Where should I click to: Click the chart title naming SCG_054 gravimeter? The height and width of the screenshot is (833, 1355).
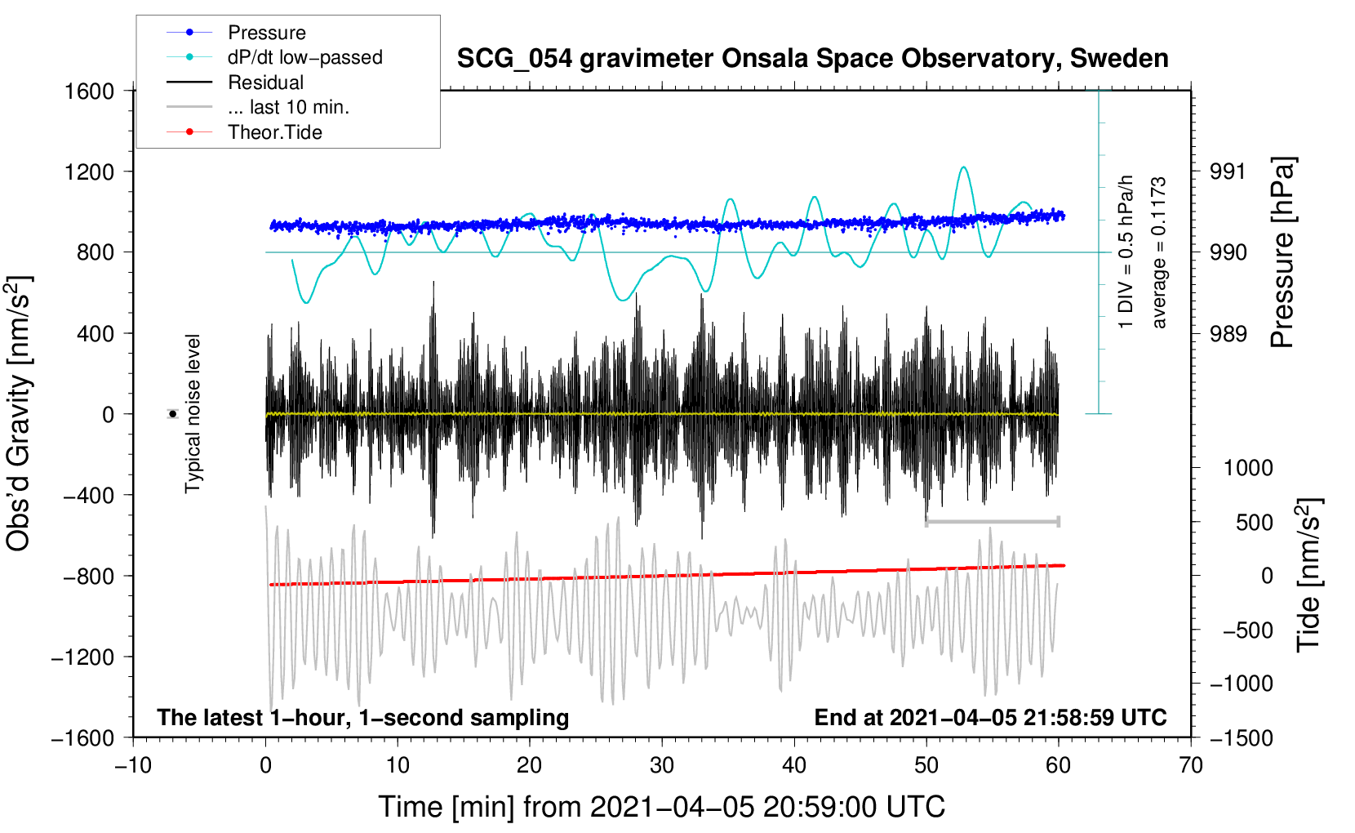point(812,59)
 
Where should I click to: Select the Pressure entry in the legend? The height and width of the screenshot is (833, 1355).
point(266,33)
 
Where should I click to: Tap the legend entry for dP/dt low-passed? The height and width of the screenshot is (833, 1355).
point(304,57)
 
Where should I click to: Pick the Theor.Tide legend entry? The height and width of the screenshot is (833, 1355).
point(274,132)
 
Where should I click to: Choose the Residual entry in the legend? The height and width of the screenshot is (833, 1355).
point(265,82)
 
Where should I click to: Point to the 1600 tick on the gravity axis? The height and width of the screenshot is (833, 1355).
point(89,91)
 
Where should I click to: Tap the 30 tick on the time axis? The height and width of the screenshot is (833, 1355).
point(662,765)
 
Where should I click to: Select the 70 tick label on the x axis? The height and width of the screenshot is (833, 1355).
point(1191,765)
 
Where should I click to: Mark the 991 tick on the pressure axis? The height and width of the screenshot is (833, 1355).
point(1228,171)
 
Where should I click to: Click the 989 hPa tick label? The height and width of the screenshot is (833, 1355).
point(1228,333)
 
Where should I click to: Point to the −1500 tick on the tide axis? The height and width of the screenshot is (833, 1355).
point(1241,737)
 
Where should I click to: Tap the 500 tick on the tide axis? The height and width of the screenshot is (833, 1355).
point(1254,522)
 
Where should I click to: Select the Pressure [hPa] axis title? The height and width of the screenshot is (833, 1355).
point(1282,252)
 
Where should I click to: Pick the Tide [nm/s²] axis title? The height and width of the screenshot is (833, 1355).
point(1308,574)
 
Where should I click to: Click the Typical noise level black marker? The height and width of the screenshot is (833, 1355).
point(173,414)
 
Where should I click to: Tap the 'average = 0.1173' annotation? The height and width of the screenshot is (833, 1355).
point(1158,253)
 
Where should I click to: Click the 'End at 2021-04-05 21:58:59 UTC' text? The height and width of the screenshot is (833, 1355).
point(990,717)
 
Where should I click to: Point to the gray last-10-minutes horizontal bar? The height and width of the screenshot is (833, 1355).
point(992,521)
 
